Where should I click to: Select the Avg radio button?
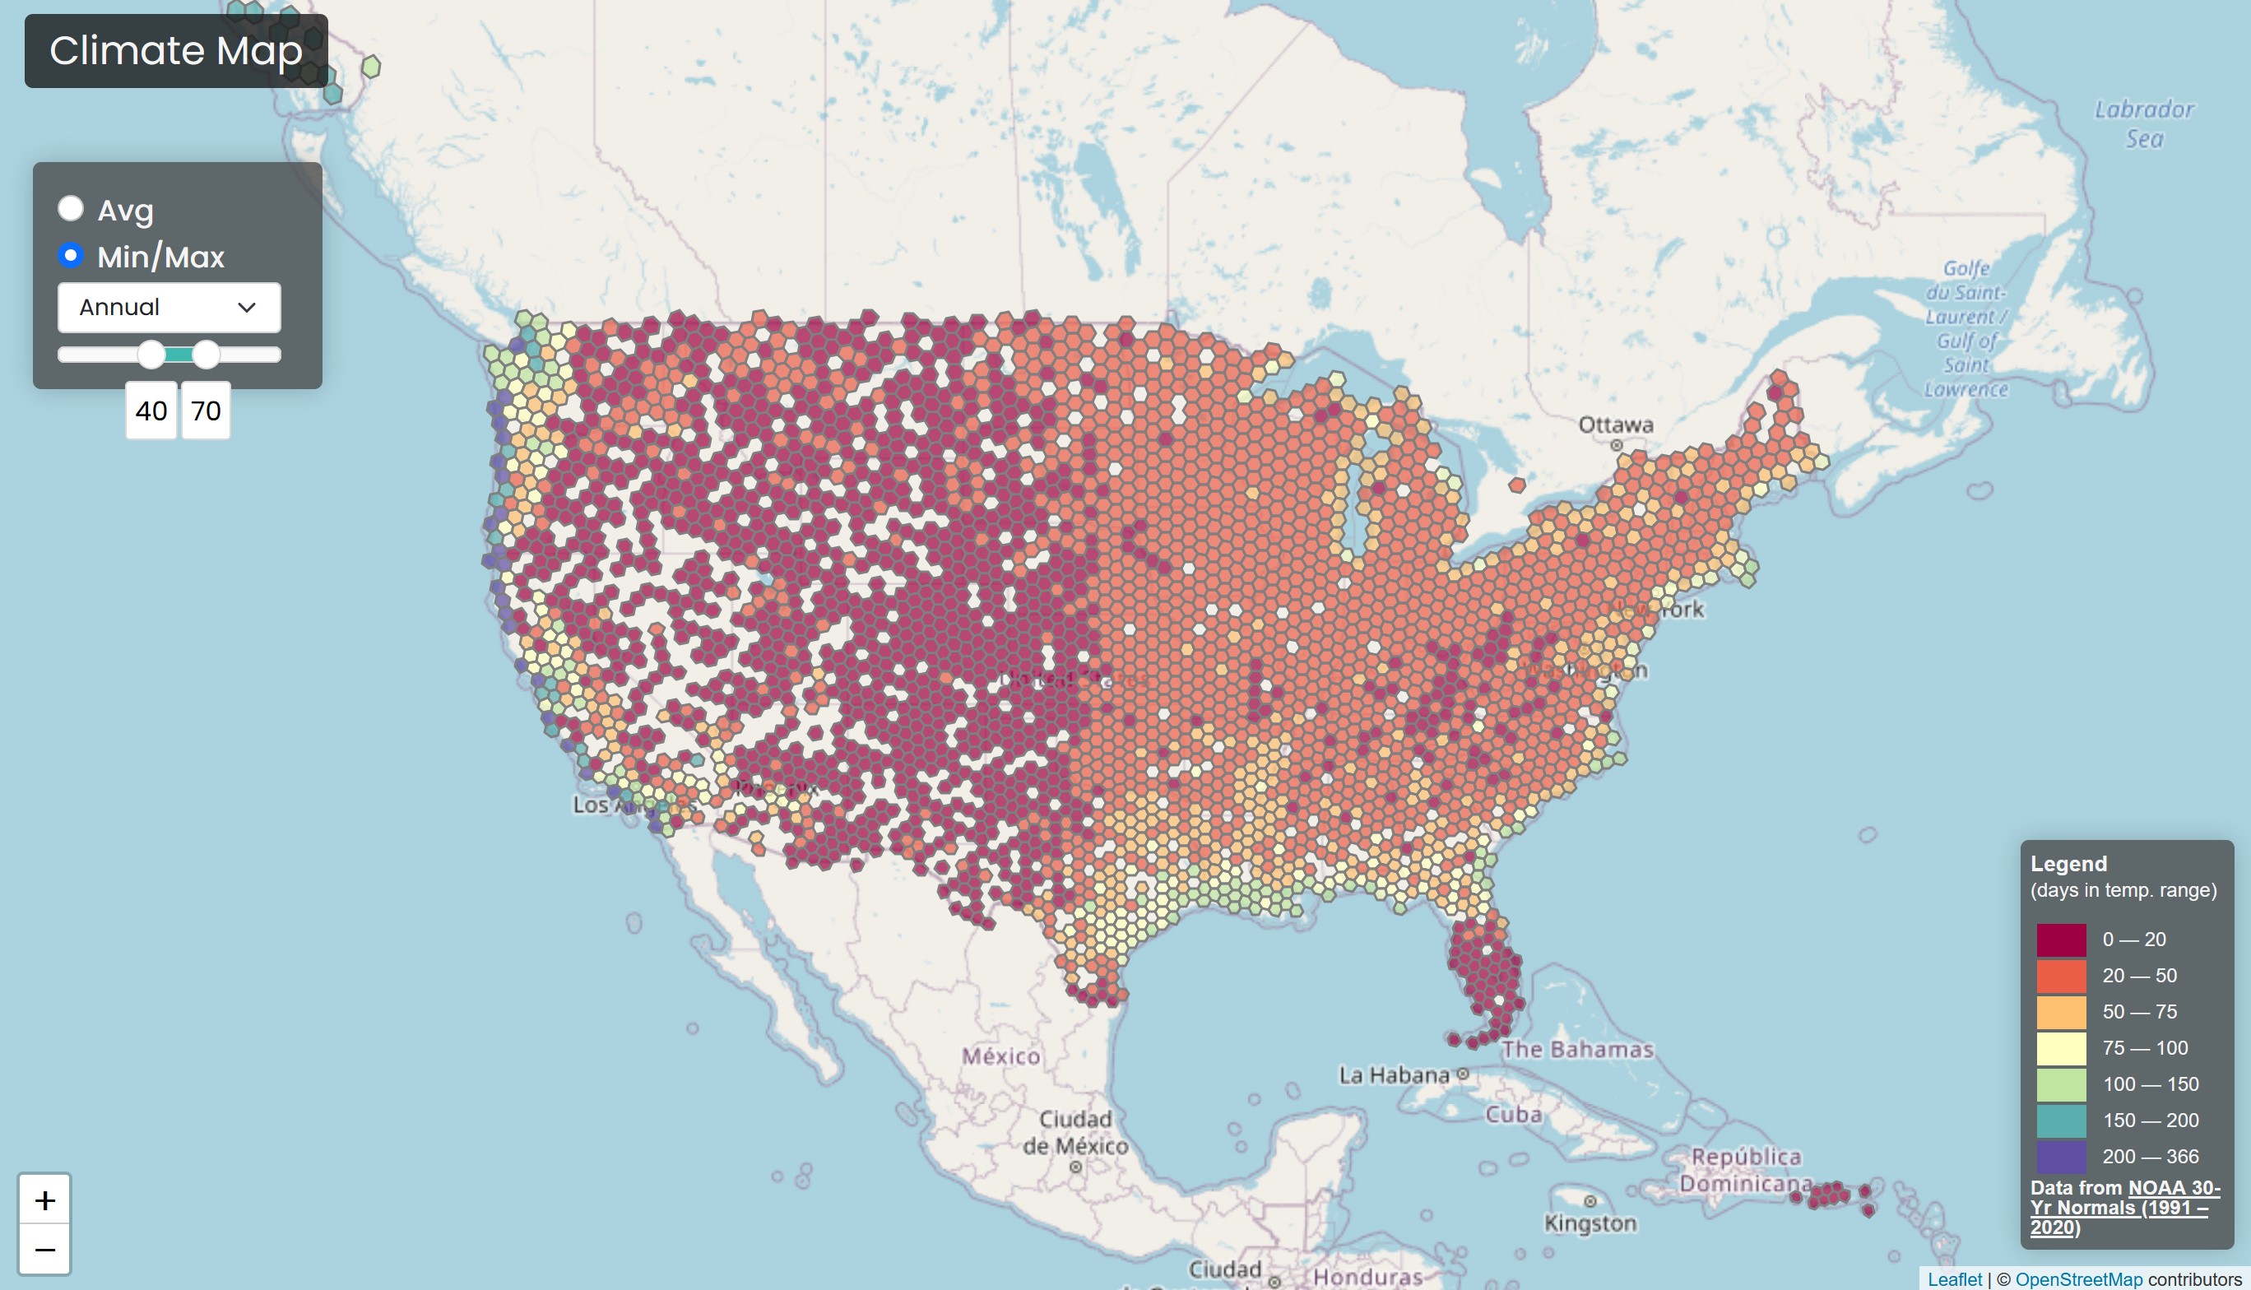click(71, 209)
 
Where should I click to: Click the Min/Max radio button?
click(71, 256)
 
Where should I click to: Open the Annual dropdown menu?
click(169, 308)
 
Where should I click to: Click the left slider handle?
click(151, 355)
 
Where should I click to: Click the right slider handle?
click(206, 355)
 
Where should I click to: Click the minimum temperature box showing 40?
click(151, 411)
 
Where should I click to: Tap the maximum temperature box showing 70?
click(207, 411)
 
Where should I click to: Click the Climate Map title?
click(176, 50)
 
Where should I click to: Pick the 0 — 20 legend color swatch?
click(2061, 940)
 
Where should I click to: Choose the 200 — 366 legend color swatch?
click(2061, 1156)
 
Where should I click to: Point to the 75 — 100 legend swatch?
click(2061, 1048)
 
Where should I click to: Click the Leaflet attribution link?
click(1954, 1279)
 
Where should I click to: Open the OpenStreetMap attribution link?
click(2078, 1279)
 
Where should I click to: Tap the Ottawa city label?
click(1616, 425)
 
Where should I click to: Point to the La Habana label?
click(1395, 1075)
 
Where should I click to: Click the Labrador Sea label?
click(2144, 124)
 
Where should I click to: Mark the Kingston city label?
click(1590, 1223)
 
